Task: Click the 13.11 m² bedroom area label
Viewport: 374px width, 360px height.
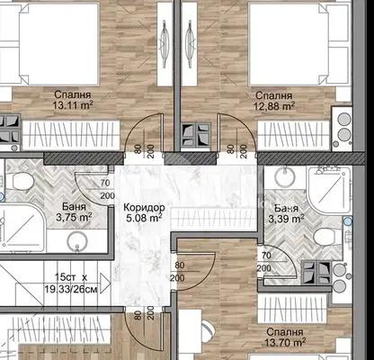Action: [x=73, y=105]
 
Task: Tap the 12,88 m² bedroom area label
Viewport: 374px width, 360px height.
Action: [x=274, y=105]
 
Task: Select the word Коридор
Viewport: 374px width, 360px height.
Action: [x=144, y=207]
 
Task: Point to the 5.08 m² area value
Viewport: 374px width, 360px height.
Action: [x=144, y=218]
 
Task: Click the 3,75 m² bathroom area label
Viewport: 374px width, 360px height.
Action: [x=74, y=217]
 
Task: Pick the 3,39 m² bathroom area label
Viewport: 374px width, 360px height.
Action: [x=286, y=219]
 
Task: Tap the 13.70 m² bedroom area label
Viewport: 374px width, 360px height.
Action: [x=285, y=342]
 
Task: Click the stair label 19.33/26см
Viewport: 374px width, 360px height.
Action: [x=71, y=289]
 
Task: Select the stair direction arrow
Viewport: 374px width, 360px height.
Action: [x=105, y=283]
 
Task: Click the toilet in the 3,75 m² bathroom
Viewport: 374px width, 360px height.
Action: [x=22, y=180]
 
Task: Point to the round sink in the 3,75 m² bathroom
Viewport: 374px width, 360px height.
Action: [x=77, y=241]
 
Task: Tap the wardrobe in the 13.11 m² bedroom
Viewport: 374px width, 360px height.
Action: [x=71, y=133]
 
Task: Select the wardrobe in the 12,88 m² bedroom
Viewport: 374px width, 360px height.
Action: [x=295, y=133]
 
